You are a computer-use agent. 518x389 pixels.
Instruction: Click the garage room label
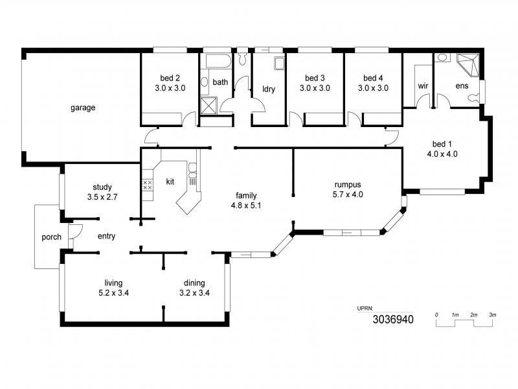pos(83,108)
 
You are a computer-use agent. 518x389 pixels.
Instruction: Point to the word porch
pos(51,237)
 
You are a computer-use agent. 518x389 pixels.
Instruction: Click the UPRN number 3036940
pos(393,319)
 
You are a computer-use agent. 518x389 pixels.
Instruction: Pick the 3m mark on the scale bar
pos(493,315)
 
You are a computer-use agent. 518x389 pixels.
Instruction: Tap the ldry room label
pos(269,89)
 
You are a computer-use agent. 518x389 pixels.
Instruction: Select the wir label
pos(423,86)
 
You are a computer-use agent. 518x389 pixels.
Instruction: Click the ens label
pos(462,86)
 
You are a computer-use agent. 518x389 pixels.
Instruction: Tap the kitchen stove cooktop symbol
pos(147,185)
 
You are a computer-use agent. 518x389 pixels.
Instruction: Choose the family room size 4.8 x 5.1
pos(246,206)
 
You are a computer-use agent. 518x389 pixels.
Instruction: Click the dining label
pos(194,283)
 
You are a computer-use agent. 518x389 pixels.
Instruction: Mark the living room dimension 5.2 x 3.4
pos(114,293)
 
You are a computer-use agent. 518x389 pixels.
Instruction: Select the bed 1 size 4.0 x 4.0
pos(442,154)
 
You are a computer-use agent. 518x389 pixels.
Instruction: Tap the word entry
pos(106,237)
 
